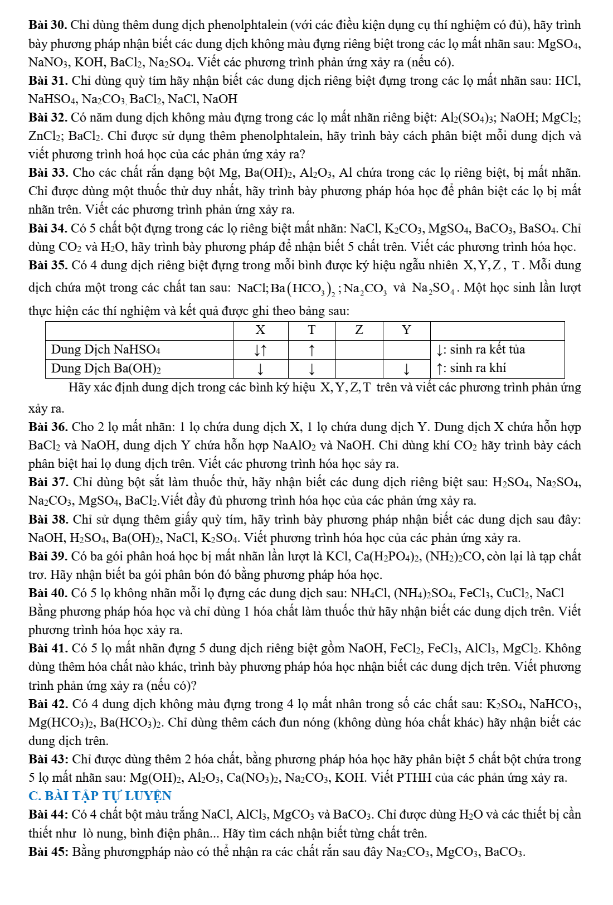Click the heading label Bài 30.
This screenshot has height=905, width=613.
[x=48, y=25]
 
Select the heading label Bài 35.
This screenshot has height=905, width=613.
[x=48, y=265]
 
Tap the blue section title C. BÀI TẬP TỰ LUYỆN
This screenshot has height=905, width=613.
[x=100, y=796]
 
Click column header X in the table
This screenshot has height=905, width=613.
[x=260, y=330]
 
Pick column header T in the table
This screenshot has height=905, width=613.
[x=312, y=330]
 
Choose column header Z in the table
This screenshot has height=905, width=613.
[x=359, y=330]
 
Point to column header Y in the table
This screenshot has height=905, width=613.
[x=407, y=330]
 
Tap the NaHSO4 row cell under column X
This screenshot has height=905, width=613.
[x=260, y=350]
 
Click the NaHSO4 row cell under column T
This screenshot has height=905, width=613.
[x=312, y=350]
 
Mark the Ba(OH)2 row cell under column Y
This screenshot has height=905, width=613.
[x=407, y=369]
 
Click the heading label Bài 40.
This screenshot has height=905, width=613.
[x=48, y=593]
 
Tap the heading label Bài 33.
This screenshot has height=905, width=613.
[x=48, y=173]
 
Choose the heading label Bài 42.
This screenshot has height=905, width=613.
[x=48, y=704]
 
